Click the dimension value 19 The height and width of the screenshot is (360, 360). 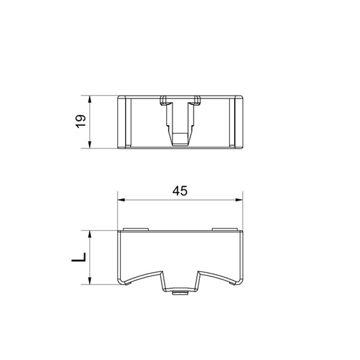tap(81, 121)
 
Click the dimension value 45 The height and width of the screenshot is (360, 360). tap(180, 191)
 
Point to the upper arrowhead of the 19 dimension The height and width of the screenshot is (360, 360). tap(90, 99)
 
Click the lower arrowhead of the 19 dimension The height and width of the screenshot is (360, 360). tap(90, 145)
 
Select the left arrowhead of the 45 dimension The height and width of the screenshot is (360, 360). tap(121, 200)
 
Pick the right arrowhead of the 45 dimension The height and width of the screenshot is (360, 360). tap(239, 200)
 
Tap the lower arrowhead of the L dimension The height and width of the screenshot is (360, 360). tap(90, 281)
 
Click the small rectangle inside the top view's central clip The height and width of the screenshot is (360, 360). tap(180, 139)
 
